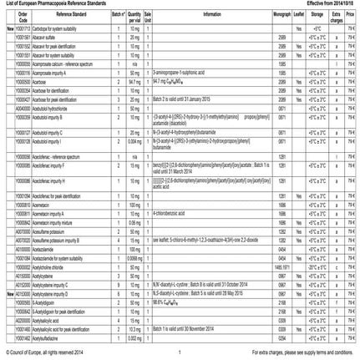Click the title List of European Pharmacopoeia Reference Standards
[52, 5]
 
